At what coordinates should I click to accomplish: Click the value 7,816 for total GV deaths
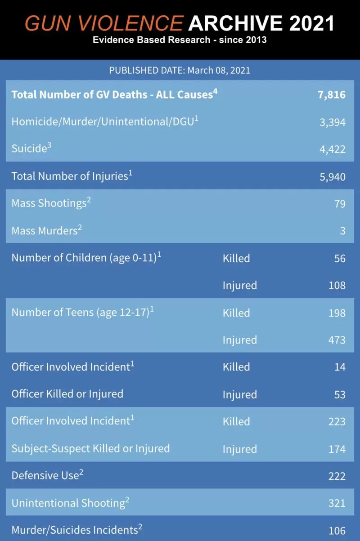(332, 95)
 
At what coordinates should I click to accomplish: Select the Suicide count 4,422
(333, 149)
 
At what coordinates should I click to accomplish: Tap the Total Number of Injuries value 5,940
(333, 177)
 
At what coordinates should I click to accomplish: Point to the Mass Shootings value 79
(340, 204)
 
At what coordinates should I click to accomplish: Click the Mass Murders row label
(47, 230)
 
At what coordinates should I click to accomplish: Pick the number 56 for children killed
(340, 259)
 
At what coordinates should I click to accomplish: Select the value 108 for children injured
(337, 286)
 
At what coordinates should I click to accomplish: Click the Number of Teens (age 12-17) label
(83, 312)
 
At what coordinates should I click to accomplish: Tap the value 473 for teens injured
(337, 340)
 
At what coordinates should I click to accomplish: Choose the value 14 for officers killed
(340, 367)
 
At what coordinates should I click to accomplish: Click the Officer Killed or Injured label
(67, 394)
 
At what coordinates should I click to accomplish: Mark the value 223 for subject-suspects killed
(337, 422)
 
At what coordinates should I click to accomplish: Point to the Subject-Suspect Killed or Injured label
(90, 449)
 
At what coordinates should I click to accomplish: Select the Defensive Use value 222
(337, 476)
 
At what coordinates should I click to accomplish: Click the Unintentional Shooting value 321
(337, 503)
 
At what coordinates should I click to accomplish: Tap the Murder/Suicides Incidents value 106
(337, 531)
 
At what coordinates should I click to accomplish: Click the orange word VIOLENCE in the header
(130, 23)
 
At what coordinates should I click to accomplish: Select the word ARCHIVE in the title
(235, 23)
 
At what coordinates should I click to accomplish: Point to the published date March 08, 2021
(219, 70)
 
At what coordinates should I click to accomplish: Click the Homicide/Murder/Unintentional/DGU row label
(105, 121)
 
